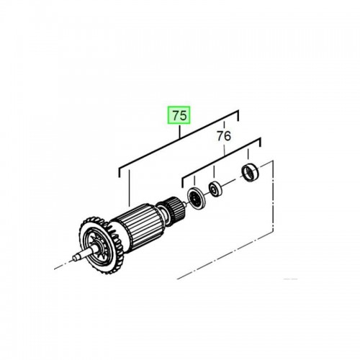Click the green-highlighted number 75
point(179,115)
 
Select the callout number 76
point(224,136)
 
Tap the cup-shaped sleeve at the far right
point(250,173)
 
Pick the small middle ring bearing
point(215,189)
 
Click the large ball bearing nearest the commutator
point(197,199)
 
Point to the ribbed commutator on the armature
point(173,207)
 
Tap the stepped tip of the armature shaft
point(77,257)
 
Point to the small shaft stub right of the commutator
point(184,204)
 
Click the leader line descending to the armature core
point(129,188)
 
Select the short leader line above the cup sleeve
point(248,154)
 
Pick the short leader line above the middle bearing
point(214,171)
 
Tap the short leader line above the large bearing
point(194,181)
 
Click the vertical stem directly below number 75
point(179,132)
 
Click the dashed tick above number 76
point(224,125)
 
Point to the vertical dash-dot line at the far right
point(273,196)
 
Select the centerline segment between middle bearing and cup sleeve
point(232,181)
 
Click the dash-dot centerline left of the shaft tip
point(63,265)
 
